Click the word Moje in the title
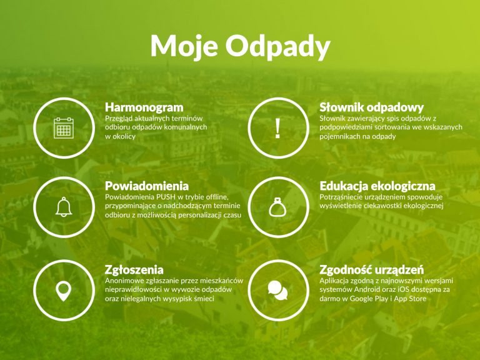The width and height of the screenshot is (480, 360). coord(184,46)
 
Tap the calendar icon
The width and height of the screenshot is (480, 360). coord(64,128)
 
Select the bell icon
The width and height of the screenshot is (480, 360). coord(64,207)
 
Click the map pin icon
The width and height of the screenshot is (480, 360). coord(64,291)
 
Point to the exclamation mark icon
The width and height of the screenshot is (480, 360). coord(277,128)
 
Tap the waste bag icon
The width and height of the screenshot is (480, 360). coord(277,207)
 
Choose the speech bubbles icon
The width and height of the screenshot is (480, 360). coord(277,290)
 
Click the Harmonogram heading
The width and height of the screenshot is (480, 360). coord(144,107)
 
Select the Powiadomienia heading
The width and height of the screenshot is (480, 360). coord(147,186)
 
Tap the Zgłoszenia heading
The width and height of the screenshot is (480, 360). coord(134,270)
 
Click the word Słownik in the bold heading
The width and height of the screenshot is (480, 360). coord(341,107)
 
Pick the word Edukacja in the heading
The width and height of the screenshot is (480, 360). coord(345,186)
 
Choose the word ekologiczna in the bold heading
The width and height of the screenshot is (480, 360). coord(405,186)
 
